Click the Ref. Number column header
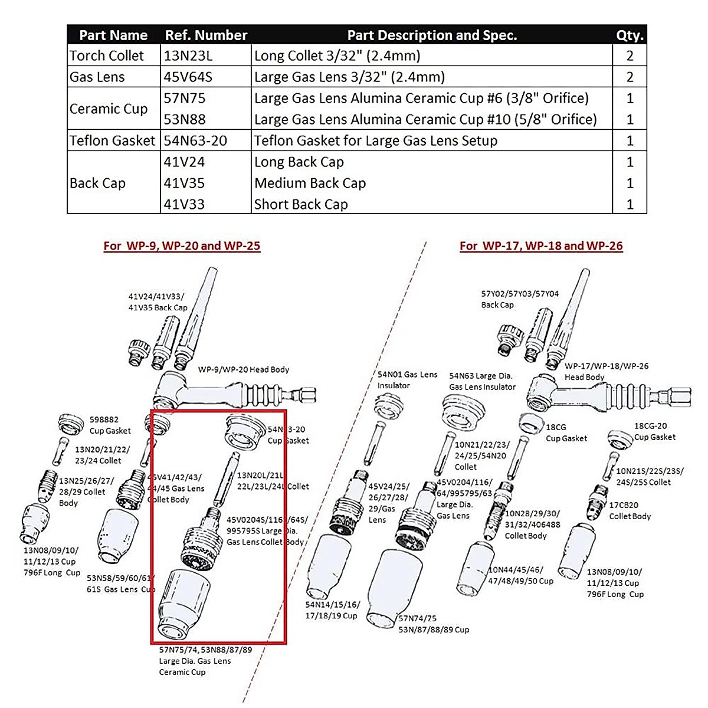206,35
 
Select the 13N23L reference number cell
188,56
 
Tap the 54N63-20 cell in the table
195,140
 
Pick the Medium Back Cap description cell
310,183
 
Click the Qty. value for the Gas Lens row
630,77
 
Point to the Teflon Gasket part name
112,140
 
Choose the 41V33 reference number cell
185,204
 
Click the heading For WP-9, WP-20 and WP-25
182,246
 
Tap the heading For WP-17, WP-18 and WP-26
541,246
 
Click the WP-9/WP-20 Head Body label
244,369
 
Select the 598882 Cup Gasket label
110,425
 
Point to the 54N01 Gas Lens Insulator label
407,380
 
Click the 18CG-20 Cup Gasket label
654,431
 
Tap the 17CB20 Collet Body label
630,510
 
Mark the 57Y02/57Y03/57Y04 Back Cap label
519,299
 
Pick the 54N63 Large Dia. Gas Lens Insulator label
481,381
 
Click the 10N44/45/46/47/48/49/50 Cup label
520,575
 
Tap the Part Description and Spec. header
432,35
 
